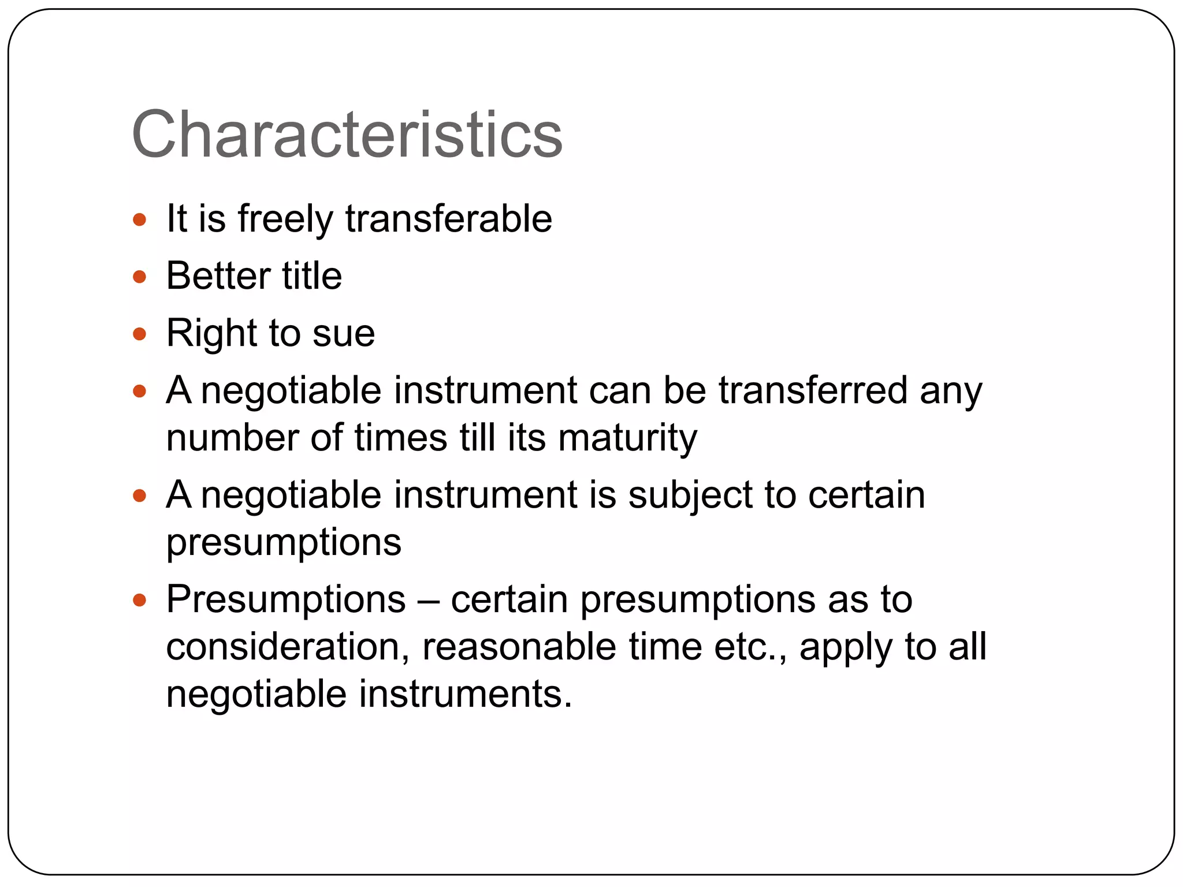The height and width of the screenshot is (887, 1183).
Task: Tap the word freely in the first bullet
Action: tap(285, 219)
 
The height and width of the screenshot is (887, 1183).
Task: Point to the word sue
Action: tap(344, 334)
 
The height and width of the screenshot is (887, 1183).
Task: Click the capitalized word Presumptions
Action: tap(286, 599)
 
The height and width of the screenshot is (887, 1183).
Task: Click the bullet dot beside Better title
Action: tap(139, 277)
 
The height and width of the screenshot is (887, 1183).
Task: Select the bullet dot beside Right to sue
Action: tap(139, 334)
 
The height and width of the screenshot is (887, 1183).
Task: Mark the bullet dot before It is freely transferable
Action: tap(139, 219)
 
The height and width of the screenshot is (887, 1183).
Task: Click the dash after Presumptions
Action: tap(429, 601)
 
